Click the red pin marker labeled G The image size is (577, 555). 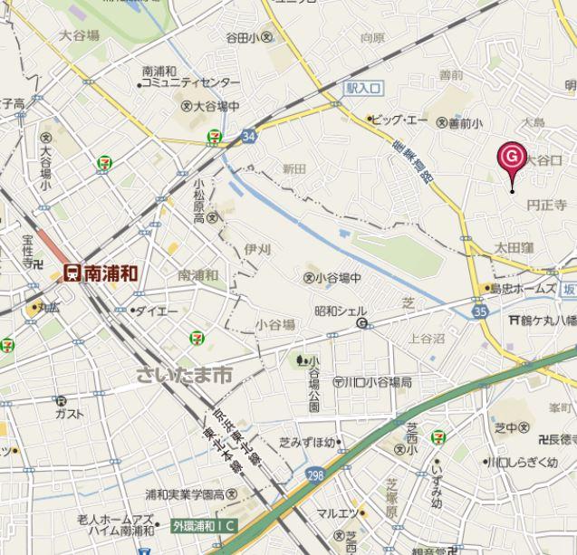(x=512, y=158)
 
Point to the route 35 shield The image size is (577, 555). (x=480, y=311)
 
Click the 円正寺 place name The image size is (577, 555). (x=546, y=206)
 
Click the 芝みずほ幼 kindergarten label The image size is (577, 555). (x=307, y=443)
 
